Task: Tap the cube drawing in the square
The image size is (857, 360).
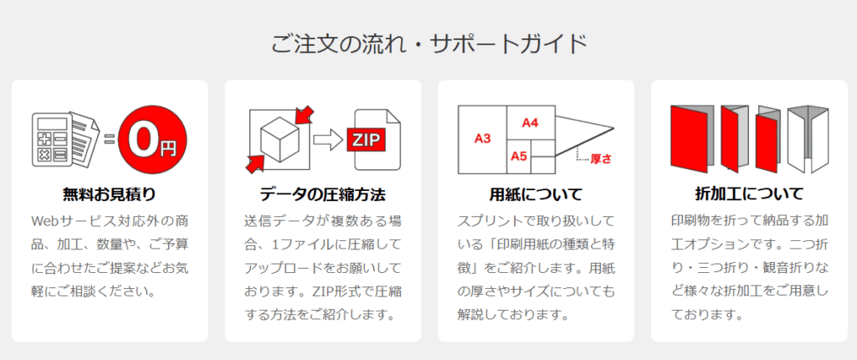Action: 279,138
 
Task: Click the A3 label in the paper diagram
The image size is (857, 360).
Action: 482,139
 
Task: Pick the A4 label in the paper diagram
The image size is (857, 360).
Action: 530,122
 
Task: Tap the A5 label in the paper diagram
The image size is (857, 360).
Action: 519,157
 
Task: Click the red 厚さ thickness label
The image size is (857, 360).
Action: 601,159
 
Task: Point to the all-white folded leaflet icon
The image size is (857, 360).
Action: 808,138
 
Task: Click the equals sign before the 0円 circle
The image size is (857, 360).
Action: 110,139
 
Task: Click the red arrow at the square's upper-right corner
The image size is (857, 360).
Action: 303,115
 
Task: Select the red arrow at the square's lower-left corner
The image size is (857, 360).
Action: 255,163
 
